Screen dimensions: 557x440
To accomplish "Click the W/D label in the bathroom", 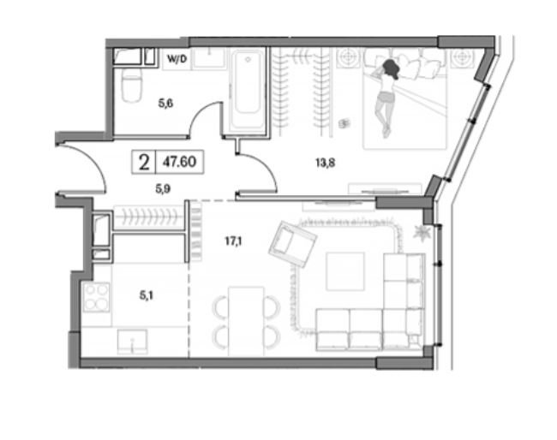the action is [177, 59].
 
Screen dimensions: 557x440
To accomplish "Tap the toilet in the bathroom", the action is [131, 85].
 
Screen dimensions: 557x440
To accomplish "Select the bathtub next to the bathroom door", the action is [248, 91].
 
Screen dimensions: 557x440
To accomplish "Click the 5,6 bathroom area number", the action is [165, 104].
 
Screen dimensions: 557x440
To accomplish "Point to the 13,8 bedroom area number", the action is [325, 163].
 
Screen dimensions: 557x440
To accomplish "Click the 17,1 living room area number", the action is [233, 241].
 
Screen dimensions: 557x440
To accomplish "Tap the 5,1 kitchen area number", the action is [146, 294].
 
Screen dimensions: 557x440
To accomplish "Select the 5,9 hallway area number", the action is [163, 189].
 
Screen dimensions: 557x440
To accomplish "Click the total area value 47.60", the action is [179, 162].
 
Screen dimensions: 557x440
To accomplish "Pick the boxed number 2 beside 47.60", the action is [144, 163].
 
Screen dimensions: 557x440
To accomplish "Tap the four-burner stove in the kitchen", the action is [96, 297].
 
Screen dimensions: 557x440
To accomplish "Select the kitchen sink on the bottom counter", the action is [133, 342].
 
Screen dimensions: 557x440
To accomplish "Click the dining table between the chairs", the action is [247, 321].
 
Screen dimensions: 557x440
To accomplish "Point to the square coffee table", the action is [345, 271].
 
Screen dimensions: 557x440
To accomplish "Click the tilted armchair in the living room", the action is [292, 244].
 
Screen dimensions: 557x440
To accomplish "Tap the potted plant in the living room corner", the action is [422, 233].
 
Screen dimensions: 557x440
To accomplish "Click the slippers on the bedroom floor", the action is [344, 123].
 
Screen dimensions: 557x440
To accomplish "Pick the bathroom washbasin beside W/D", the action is [209, 58].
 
